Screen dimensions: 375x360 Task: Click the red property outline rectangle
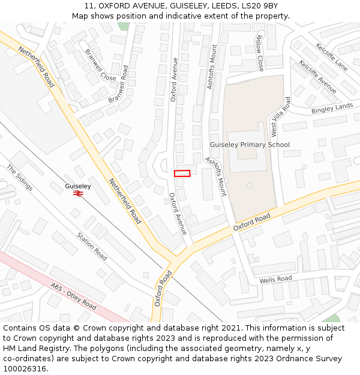182,173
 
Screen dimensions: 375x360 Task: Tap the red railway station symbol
78,193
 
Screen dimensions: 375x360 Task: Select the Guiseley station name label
78,186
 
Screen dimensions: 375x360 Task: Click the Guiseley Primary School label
250,145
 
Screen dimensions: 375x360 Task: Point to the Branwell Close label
100,65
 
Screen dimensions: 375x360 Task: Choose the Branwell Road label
119,83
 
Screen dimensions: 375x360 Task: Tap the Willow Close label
260,52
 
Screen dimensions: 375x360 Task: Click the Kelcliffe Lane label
331,55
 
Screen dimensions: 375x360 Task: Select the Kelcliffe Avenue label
318,77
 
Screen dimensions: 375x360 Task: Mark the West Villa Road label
280,116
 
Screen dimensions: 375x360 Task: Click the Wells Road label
275,280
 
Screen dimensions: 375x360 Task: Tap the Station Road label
92,246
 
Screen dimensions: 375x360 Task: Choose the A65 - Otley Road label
73,297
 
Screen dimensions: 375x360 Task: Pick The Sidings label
20,178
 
